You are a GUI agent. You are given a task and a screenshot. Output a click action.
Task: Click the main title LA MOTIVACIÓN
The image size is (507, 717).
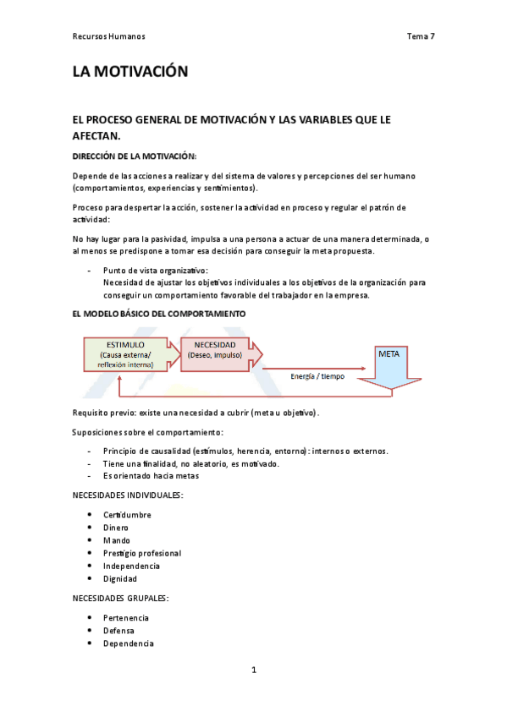[x=130, y=73]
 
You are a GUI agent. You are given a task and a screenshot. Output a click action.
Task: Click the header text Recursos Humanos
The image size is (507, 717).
[x=109, y=36]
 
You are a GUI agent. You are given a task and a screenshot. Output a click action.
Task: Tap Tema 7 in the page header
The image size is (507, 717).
[x=421, y=36]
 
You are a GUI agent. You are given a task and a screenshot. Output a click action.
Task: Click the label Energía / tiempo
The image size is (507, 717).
[x=317, y=376]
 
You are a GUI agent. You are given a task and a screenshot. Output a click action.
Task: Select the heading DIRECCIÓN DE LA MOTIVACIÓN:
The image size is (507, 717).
[x=135, y=156]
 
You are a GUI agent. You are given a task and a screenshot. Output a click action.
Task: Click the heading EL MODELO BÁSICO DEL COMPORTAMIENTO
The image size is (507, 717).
[x=159, y=314]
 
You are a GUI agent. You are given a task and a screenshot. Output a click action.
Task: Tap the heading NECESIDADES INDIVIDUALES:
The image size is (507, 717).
[x=127, y=495]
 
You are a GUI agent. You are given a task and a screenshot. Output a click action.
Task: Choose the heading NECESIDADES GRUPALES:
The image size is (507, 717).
[x=120, y=599]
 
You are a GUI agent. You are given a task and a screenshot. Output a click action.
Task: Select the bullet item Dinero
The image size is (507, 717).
[x=116, y=528]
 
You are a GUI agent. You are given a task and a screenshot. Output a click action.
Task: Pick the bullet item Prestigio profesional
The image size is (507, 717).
[x=142, y=553]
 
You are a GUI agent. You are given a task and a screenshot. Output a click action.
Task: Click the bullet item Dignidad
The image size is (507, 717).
[x=120, y=579]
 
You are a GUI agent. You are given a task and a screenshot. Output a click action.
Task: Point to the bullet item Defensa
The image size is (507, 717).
[x=118, y=631]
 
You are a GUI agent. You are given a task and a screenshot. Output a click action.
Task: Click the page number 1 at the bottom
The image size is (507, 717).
[x=253, y=670]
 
